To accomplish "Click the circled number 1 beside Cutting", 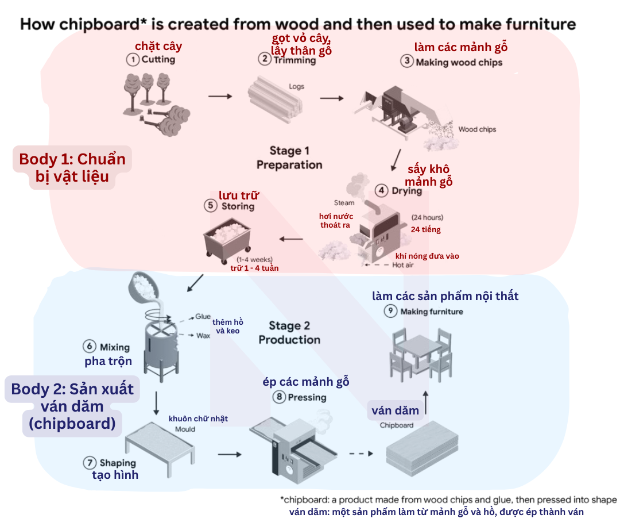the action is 133,60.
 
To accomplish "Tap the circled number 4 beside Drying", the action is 381,190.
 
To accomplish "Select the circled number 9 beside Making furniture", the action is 391,311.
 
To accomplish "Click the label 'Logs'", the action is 297,86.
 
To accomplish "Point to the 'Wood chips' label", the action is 477,129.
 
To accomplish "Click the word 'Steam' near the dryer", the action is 344,203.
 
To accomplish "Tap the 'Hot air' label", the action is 403,265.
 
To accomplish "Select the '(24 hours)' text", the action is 428,217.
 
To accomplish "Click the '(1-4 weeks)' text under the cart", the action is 255,259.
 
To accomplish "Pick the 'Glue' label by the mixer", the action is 203,317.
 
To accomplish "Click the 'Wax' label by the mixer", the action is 203,336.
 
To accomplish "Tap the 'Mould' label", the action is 185,429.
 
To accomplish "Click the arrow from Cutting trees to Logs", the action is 220,96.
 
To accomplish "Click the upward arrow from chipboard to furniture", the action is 426,403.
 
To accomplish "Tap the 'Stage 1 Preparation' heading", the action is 289,158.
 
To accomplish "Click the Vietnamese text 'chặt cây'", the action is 158,47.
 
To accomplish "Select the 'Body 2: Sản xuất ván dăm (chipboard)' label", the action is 72,406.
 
